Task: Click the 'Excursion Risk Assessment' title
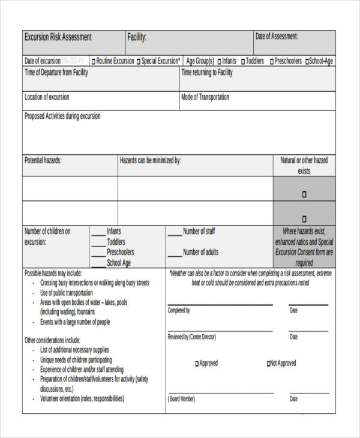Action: tap(58, 37)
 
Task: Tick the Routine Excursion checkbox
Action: tap(94, 61)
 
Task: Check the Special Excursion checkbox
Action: tap(139, 61)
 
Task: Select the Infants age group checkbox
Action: tap(219, 61)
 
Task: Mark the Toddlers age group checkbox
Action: tap(244, 61)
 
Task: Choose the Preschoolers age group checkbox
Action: tap(272, 61)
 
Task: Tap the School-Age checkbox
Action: tap(307, 61)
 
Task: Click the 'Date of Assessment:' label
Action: tap(277, 37)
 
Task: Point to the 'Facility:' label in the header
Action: tap(137, 37)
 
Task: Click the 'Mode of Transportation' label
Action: tap(205, 97)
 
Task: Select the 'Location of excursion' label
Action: tap(47, 97)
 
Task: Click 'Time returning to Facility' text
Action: tap(207, 73)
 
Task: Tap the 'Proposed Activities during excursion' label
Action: tap(62, 116)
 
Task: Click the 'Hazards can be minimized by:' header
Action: tap(151, 161)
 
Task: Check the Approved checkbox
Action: tap(197, 364)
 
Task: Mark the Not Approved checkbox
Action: tap(269, 364)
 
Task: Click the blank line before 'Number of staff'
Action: tap(174, 234)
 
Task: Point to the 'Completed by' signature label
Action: tap(179, 310)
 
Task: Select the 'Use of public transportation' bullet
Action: tap(67, 293)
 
